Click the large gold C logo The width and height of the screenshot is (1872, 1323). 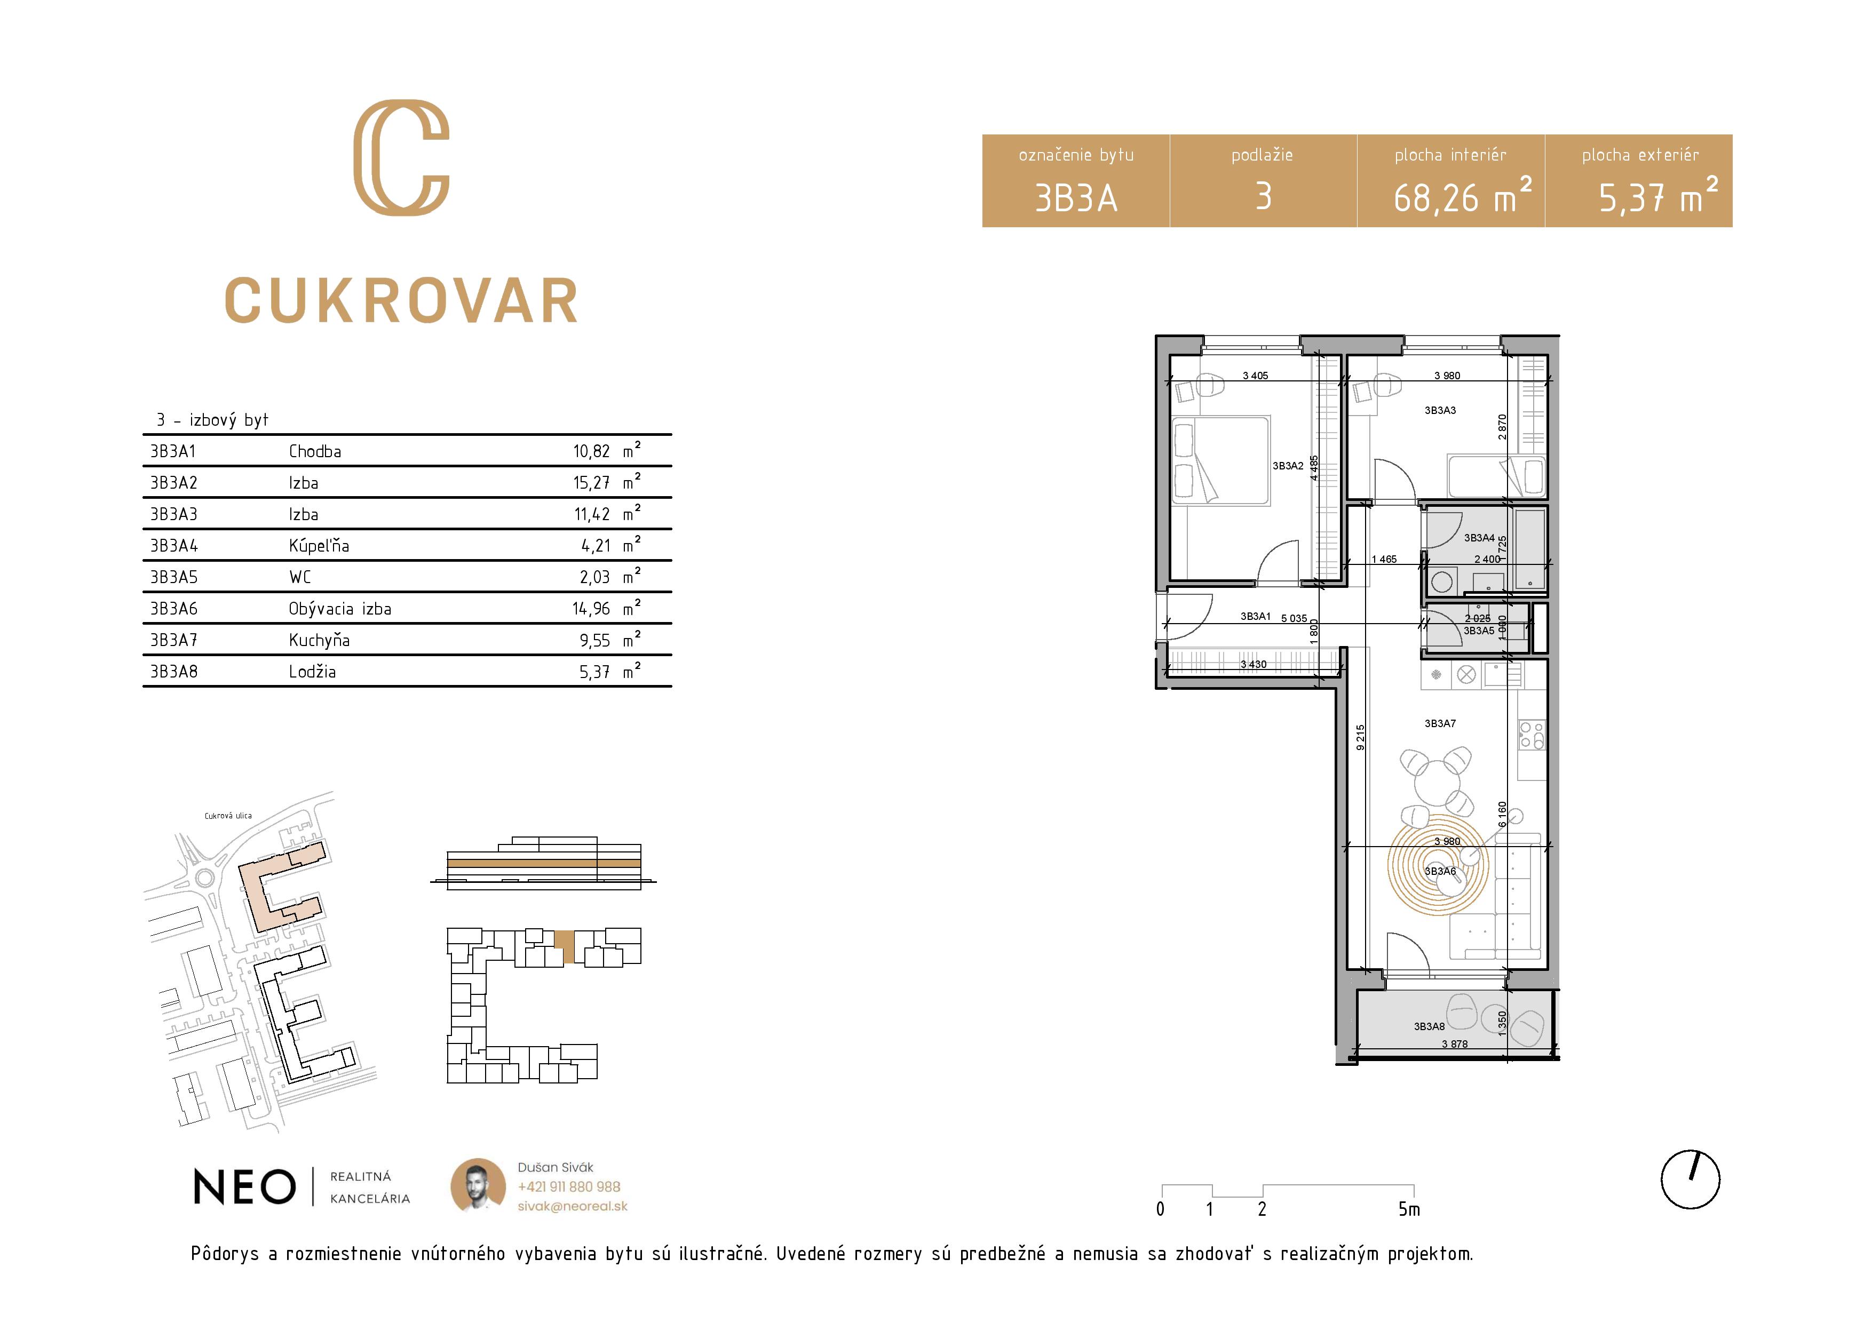click(x=401, y=157)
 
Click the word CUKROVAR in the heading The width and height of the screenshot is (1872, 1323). click(x=401, y=301)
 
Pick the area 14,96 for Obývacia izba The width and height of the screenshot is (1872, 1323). click(x=591, y=609)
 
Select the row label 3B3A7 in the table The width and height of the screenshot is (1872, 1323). click(x=173, y=641)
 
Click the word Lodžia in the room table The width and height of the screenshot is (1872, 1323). click(x=312, y=672)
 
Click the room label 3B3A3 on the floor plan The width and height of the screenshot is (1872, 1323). click(x=1440, y=411)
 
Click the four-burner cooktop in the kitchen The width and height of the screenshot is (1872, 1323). click(x=1531, y=735)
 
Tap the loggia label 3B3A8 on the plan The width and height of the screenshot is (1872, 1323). click(x=1429, y=1026)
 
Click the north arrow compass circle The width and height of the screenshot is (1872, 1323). click(x=1690, y=1179)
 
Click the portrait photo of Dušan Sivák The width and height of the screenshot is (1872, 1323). click(x=478, y=1186)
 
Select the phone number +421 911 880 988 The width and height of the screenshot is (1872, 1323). click(x=568, y=1187)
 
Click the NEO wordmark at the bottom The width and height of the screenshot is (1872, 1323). click(x=244, y=1187)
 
